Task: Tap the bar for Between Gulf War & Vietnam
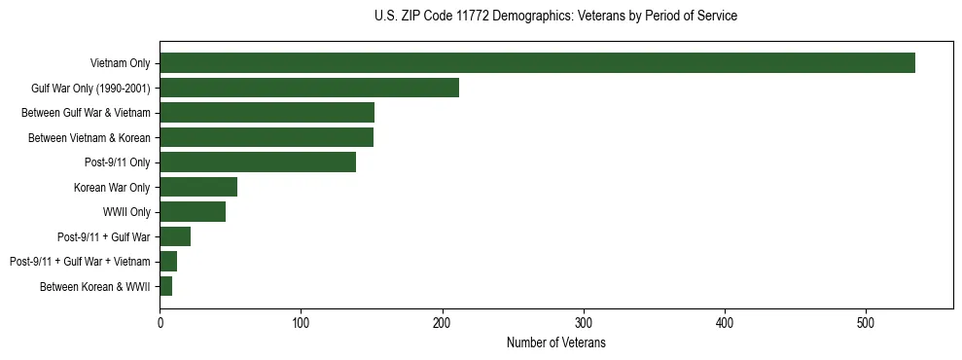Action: click(x=267, y=113)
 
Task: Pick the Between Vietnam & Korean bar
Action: click(x=267, y=137)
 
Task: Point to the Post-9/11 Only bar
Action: click(x=258, y=162)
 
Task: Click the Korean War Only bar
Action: click(x=198, y=187)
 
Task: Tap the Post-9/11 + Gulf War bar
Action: click(x=175, y=236)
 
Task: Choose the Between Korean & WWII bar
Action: click(x=166, y=286)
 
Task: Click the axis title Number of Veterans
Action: click(x=556, y=342)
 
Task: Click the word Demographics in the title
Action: click(x=541, y=17)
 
